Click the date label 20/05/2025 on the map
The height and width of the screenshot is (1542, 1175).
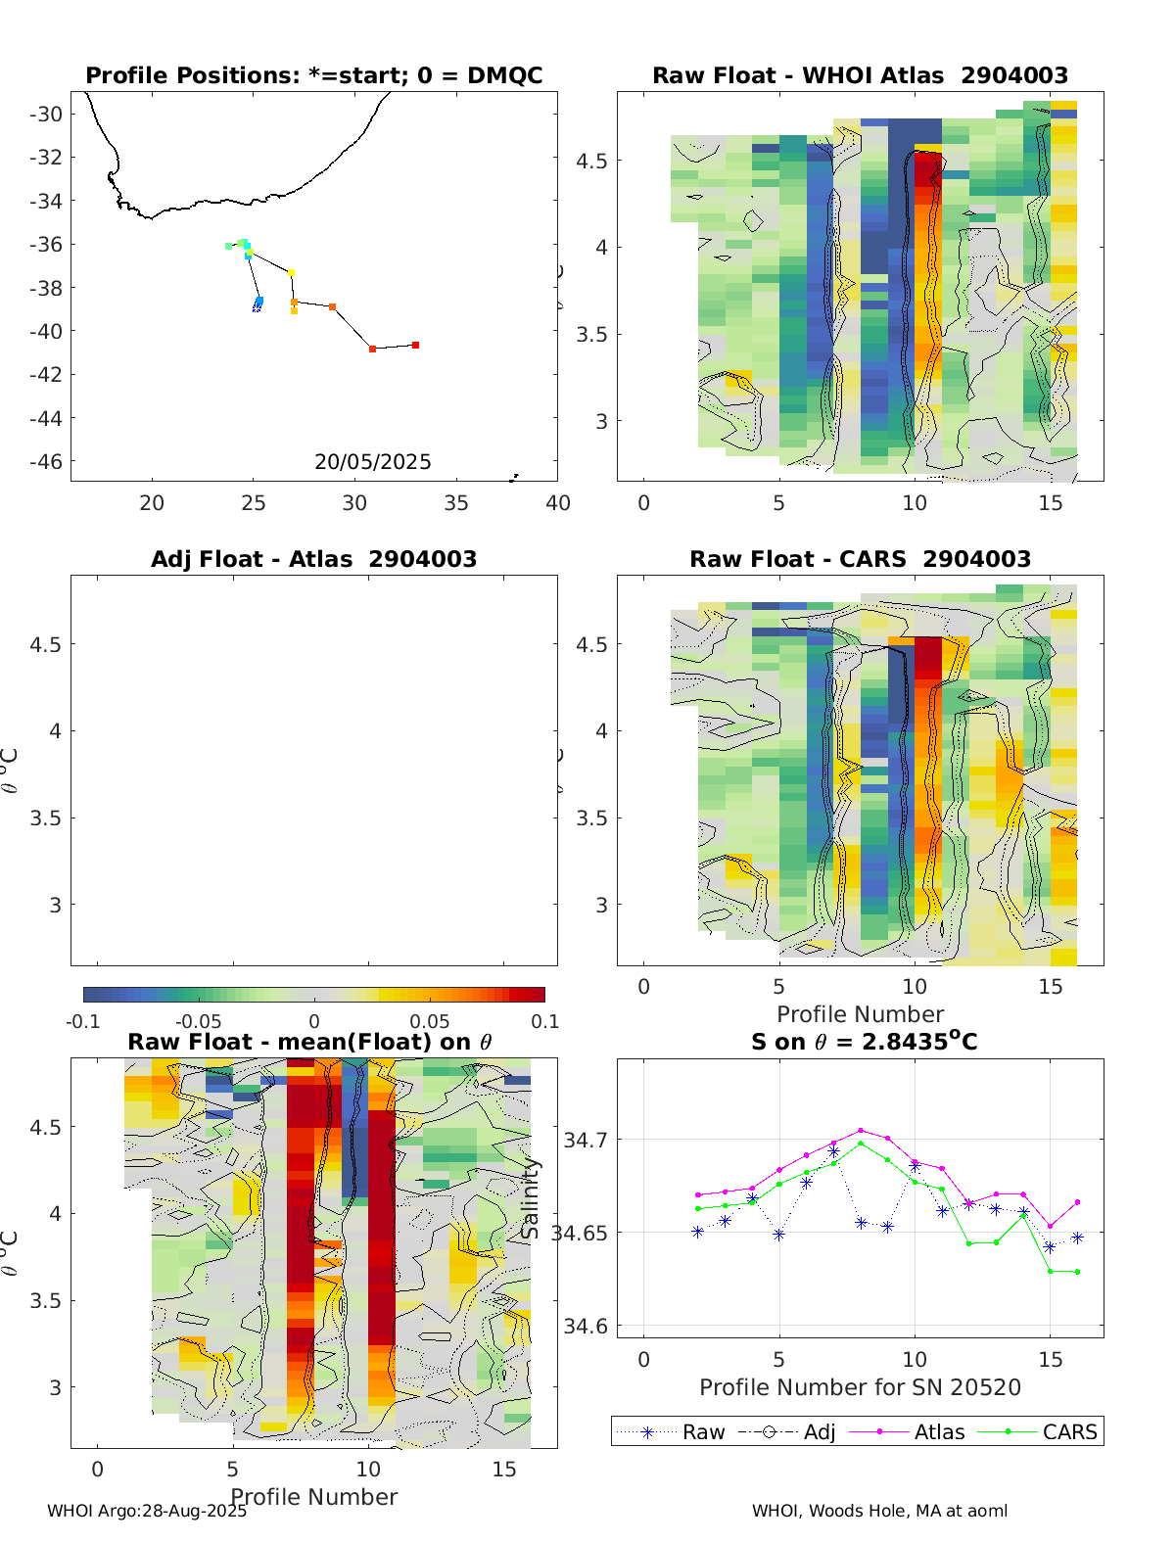372,462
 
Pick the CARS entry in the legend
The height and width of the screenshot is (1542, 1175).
1069,1432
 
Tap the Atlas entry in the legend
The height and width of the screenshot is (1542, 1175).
939,1432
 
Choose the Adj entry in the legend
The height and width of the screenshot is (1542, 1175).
819,1432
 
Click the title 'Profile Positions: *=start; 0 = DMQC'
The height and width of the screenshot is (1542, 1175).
313,76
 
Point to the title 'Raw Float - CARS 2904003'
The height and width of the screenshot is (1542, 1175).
860,559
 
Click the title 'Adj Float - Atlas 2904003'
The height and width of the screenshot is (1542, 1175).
313,559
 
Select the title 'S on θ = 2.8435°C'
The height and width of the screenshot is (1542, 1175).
864,1042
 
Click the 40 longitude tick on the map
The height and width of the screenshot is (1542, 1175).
557,503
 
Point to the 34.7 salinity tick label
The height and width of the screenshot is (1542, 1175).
586,1140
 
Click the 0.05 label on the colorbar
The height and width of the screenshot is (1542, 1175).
429,1022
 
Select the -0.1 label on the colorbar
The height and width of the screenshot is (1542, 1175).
83,1022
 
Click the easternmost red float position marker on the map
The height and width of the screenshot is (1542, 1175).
415,345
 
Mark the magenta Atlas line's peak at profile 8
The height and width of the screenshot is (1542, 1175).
861,1130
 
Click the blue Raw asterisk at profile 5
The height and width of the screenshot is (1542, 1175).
779,1235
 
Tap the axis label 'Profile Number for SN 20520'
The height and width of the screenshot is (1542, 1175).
860,1387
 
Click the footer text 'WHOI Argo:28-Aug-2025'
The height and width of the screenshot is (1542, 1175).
147,1511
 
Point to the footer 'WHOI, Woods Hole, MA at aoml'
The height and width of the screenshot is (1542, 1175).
879,1511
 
